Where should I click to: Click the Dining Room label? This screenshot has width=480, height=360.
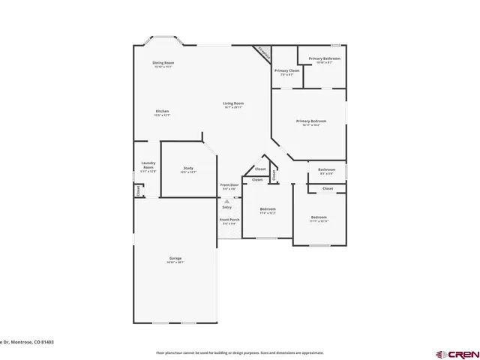[163, 63]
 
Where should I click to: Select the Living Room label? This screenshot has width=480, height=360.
[233, 103]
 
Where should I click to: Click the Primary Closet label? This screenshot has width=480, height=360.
[286, 70]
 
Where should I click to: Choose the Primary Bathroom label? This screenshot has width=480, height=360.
[324, 58]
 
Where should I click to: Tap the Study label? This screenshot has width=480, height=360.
[188, 168]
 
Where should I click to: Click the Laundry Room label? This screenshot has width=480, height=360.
[148, 165]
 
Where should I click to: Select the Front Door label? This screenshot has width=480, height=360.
[229, 184]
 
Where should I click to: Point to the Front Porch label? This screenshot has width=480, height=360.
[228, 220]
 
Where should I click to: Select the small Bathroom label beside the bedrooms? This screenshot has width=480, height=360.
[326, 170]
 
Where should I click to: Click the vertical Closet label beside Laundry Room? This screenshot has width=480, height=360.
[139, 190]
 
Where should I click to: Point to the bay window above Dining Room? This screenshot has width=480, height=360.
[163, 37]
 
